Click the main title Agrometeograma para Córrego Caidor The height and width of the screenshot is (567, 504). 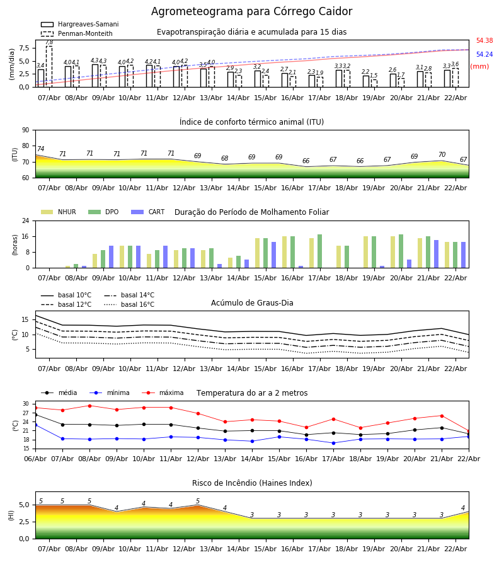pyautogui.click(x=251, y=12)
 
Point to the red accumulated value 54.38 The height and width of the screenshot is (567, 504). pyautogui.click(x=484, y=41)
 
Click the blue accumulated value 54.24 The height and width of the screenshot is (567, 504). pyautogui.click(x=484, y=55)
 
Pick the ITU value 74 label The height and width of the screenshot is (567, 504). pyautogui.click(x=40, y=149)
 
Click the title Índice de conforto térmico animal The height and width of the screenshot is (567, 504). pyautogui.click(x=251, y=122)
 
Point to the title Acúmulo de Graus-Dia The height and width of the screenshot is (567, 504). pyautogui.click(x=252, y=303)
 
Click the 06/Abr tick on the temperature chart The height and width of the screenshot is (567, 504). pyautogui.click(x=35, y=458)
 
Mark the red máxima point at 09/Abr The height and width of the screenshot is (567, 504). pyautogui.click(x=89, y=406)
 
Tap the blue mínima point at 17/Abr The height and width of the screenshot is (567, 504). pyautogui.click(x=333, y=443)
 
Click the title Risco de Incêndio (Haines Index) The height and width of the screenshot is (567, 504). pyautogui.click(x=252, y=483)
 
